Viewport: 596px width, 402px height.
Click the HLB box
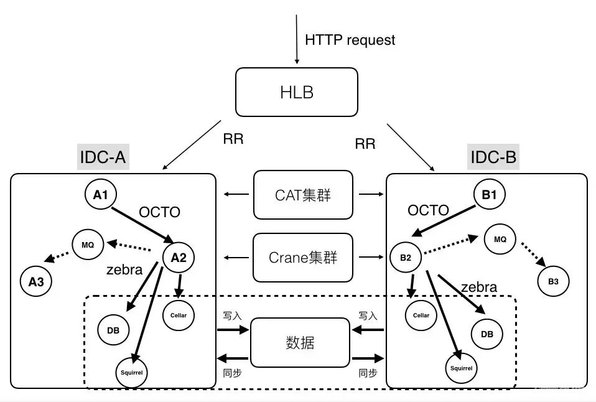tap(296, 92)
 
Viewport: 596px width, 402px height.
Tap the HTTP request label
tap(350, 40)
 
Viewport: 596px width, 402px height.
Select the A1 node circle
tap(101, 195)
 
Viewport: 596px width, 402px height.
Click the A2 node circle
tap(179, 258)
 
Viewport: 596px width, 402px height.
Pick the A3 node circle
tap(36, 282)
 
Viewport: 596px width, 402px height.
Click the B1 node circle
tap(489, 195)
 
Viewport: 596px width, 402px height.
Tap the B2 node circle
tap(406, 258)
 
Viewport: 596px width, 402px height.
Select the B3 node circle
tap(553, 281)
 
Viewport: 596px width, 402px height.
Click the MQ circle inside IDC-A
tap(88, 245)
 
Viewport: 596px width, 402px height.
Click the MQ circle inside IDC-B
tap(500, 239)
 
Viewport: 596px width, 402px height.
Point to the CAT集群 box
tap(303, 195)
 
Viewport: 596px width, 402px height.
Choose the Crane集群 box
tap(303, 257)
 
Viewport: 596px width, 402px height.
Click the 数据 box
tap(300, 342)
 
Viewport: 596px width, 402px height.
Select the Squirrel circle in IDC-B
tap(460, 368)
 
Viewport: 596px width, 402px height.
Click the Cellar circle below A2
tap(179, 315)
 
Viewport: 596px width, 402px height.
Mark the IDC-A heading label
tap(103, 157)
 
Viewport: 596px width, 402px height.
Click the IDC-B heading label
tap(493, 157)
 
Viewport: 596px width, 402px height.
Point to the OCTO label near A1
tap(159, 212)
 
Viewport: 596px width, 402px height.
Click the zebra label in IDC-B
tap(478, 287)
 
